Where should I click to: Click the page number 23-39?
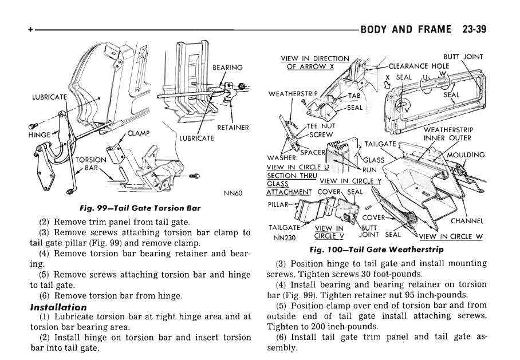click(x=472, y=28)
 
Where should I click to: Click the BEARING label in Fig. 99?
click(x=227, y=68)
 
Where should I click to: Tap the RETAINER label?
click(x=233, y=128)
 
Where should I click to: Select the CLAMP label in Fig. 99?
click(x=138, y=134)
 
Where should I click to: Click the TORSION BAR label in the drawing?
click(x=90, y=164)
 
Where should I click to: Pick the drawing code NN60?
click(x=234, y=193)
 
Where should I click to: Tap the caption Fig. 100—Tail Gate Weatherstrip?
click(x=376, y=250)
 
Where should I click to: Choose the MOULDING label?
click(x=466, y=155)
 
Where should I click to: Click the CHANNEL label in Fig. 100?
click(x=468, y=220)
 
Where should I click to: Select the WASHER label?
click(x=281, y=157)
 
